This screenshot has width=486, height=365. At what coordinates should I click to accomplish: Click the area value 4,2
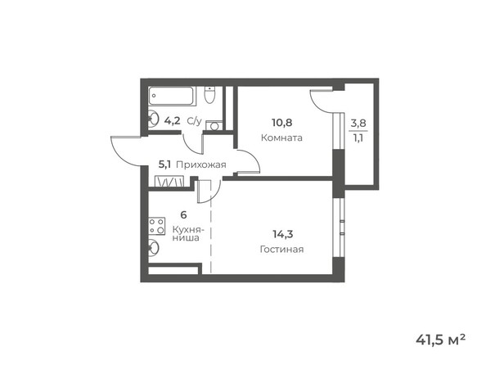(x=172, y=121)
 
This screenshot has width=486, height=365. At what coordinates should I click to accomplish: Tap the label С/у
(x=194, y=121)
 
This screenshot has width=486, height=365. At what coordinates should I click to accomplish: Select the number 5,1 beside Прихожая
(x=164, y=164)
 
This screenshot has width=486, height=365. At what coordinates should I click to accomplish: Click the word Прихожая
(x=200, y=164)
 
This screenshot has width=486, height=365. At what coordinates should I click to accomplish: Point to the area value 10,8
(x=282, y=124)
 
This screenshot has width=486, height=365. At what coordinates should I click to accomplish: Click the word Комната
(x=282, y=137)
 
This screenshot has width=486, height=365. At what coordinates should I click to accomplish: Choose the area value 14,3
(x=282, y=235)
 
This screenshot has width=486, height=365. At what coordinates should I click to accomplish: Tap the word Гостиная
(x=282, y=249)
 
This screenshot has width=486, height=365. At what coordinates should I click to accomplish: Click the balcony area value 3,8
(x=359, y=124)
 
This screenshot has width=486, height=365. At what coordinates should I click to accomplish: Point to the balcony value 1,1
(x=359, y=137)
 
